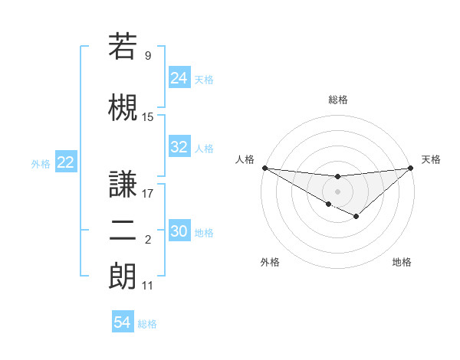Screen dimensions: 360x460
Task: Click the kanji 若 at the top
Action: point(123,46)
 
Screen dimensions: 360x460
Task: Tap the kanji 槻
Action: point(123,107)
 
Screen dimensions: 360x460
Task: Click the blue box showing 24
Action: point(179,78)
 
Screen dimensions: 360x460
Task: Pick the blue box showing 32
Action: point(179,148)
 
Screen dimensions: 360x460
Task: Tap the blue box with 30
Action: point(179,232)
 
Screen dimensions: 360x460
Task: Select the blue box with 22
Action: point(66,162)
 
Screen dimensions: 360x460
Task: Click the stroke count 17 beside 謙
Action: point(148,193)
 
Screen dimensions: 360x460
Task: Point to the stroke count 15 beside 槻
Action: point(148,116)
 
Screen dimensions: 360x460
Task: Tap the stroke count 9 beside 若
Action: point(148,55)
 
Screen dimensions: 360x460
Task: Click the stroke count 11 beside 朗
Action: point(148,286)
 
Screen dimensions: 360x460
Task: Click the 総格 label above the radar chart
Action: point(338,100)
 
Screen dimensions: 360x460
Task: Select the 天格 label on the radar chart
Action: point(432,159)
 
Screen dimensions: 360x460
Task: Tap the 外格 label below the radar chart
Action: point(270,262)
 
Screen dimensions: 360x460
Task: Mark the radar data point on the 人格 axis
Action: point(264,167)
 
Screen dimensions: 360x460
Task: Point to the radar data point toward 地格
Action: point(356,218)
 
